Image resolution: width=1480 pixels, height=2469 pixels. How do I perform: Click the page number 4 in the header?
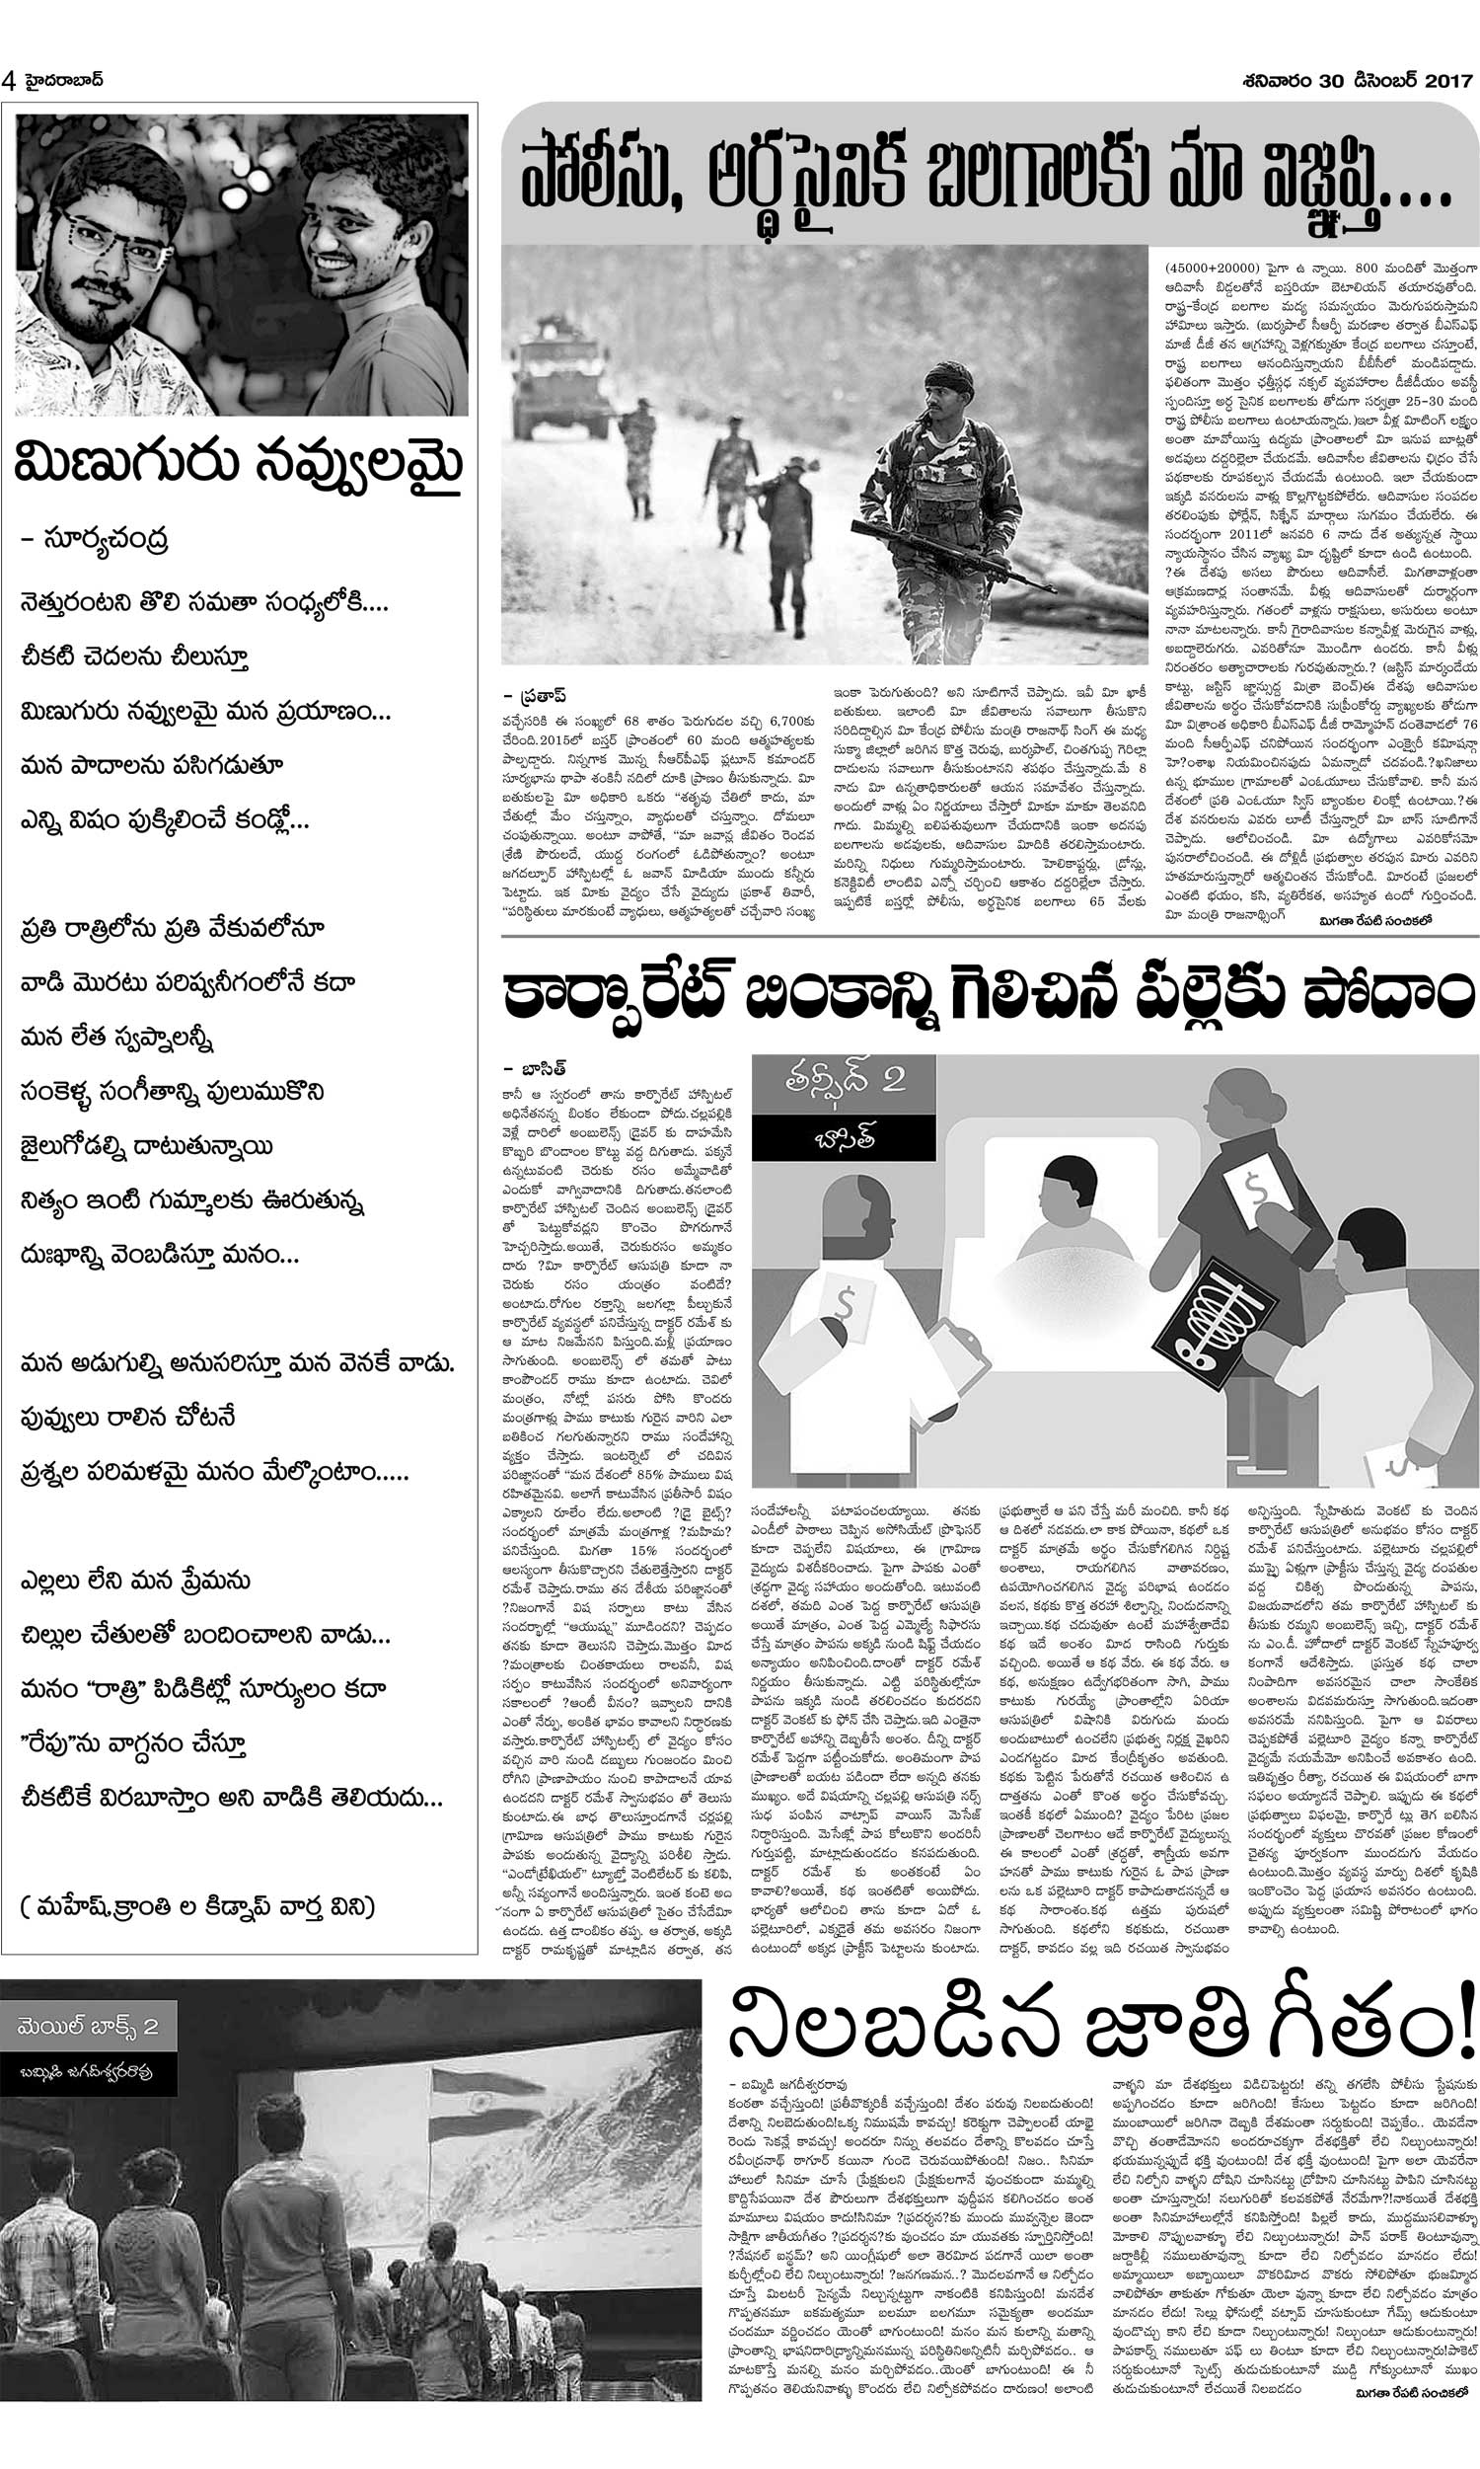tap(10, 80)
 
